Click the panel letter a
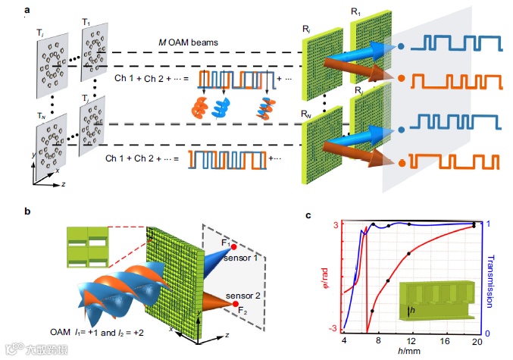point(27,9)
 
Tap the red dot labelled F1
point(235,247)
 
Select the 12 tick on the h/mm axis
point(410,340)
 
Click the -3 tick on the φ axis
point(331,328)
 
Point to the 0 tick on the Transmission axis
point(487,333)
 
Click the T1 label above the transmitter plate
point(89,23)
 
